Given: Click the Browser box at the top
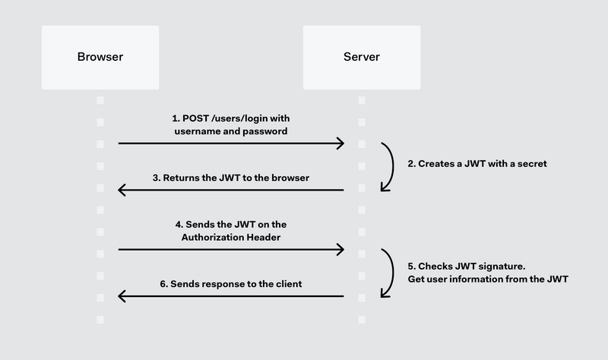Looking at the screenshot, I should click(100, 57).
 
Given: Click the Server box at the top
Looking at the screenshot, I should click(361, 57).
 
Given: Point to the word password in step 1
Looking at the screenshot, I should click(266, 131).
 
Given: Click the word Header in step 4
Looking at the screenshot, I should click(264, 238).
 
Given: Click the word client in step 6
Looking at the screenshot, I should click(287, 284).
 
